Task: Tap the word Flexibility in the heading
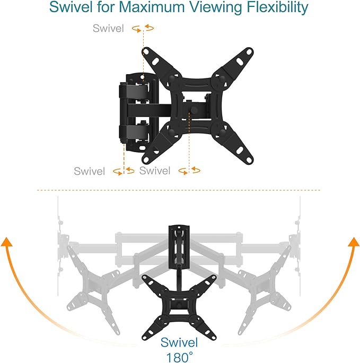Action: [x=277, y=7]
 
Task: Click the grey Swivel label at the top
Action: [x=108, y=28]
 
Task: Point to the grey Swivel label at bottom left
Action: [x=90, y=171]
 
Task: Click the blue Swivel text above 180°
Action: [x=179, y=342]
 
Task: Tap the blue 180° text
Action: [x=179, y=357]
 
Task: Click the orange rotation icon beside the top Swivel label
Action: [x=143, y=28]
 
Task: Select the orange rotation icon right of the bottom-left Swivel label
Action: [x=124, y=171]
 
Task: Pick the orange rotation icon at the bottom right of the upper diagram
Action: [x=189, y=171]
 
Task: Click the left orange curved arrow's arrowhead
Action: [x=6, y=242]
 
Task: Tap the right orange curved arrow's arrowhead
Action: [x=354, y=242]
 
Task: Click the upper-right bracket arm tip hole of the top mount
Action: [x=249, y=52]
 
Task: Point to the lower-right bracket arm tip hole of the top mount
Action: [x=249, y=160]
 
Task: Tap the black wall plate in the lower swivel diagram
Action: [x=179, y=247]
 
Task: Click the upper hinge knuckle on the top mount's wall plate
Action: [x=134, y=91]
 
